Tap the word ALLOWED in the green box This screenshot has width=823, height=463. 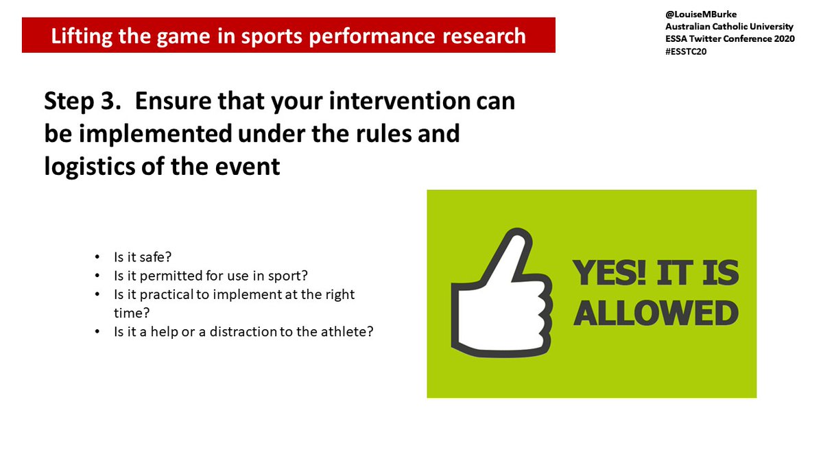coord(656,313)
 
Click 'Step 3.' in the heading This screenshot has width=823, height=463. coord(83,101)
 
